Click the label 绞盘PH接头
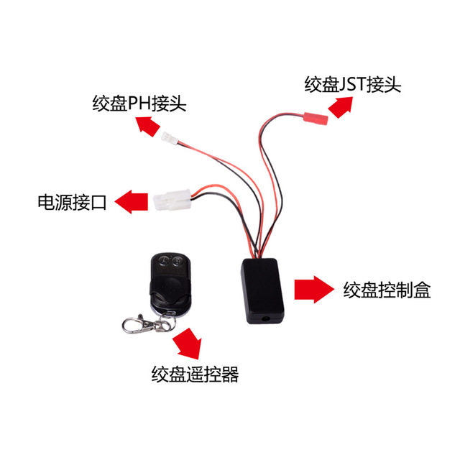(x=139, y=103)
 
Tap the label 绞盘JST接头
(x=351, y=84)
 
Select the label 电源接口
(x=71, y=202)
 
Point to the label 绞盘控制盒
(x=387, y=290)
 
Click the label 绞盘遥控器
(x=195, y=374)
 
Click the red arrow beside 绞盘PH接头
(x=149, y=126)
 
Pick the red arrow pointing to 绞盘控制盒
(x=313, y=289)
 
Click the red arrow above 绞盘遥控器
(x=190, y=344)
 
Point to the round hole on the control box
(x=269, y=316)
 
